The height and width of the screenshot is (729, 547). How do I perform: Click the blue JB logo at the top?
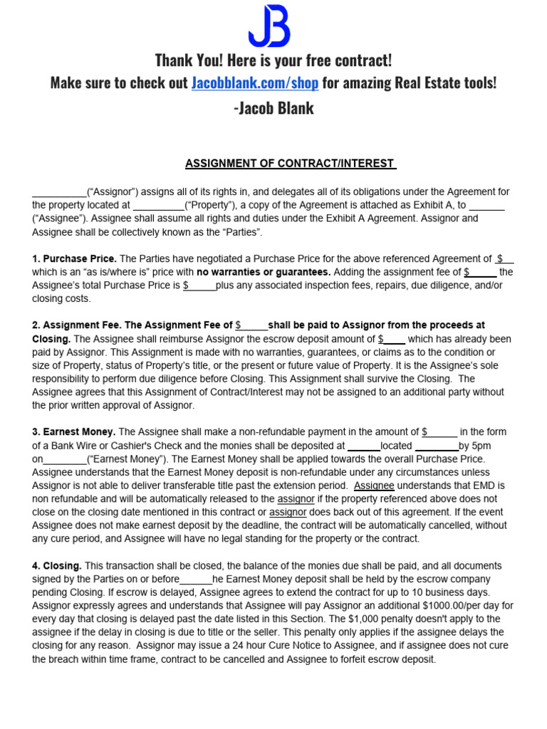269,27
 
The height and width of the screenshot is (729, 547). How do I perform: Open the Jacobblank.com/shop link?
255,83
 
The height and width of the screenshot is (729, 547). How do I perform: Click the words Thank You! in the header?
186,60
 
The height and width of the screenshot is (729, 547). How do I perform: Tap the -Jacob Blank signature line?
273,108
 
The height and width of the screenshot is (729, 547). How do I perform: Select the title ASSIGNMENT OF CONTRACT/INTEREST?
290,164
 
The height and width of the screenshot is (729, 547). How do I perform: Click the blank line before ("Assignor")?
59,192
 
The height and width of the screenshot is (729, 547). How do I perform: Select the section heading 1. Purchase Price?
74,259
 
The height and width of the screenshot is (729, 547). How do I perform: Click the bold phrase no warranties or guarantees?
264,272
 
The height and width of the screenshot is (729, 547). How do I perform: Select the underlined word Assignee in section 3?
374,485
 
